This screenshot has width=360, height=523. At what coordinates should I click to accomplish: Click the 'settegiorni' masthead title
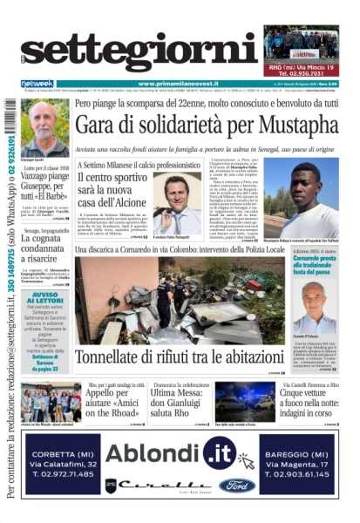click(x=139, y=54)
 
